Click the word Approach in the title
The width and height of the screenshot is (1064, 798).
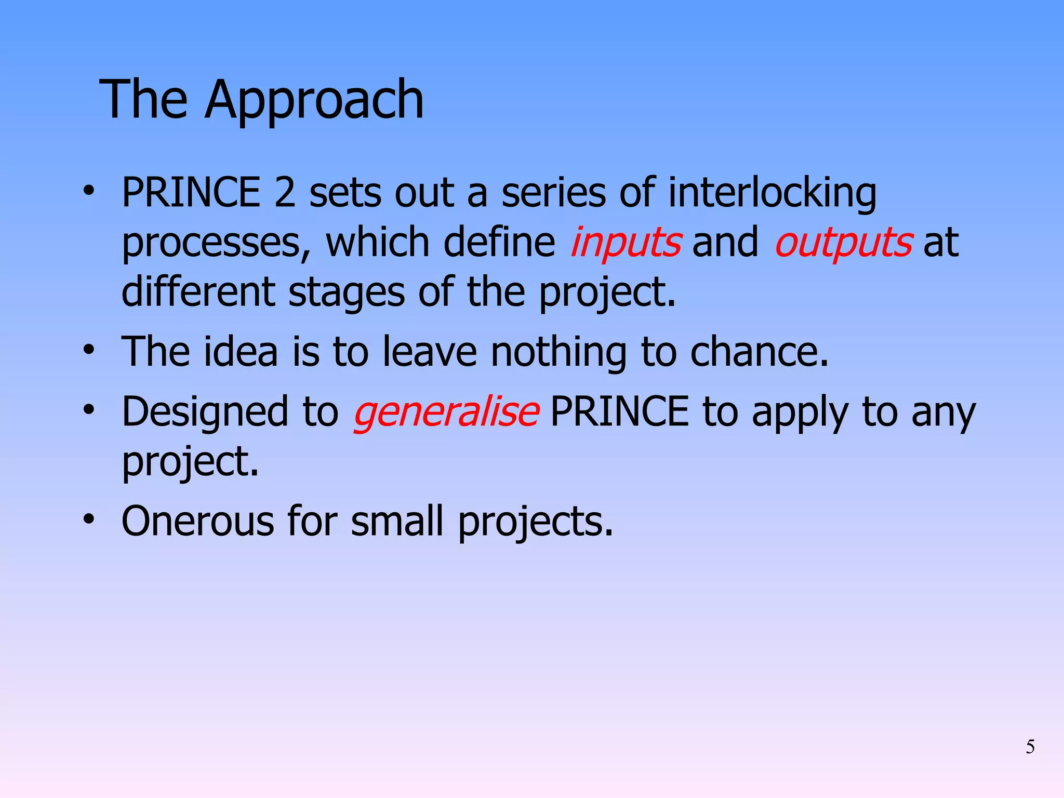[x=314, y=100]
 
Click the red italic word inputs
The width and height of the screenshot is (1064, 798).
[x=626, y=242]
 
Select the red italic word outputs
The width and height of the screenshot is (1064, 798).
[x=843, y=242]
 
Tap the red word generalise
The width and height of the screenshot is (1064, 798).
[x=446, y=412]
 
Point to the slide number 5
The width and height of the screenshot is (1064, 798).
[x=1030, y=747]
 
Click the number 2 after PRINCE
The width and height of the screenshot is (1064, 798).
[x=284, y=192]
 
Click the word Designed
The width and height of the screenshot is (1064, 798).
[x=205, y=412]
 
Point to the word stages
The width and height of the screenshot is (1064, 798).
[x=347, y=292]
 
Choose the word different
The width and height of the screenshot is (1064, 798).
[x=198, y=291]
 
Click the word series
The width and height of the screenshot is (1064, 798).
[x=553, y=192]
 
